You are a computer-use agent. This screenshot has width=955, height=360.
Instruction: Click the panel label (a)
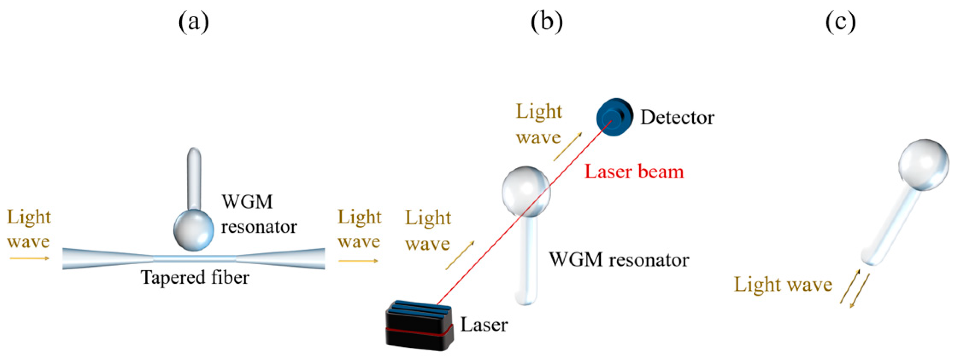pyautogui.click(x=193, y=23)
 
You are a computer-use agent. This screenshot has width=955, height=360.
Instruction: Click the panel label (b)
pyautogui.click(x=547, y=23)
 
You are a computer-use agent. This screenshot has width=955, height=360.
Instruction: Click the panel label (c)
pyautogui.click(x=841, y=23)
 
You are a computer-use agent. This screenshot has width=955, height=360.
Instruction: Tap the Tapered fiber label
pyautogui.click(x=195, y=277)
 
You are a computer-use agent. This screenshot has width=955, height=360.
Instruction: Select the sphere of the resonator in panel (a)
pyautogui.click(x=193, y=230)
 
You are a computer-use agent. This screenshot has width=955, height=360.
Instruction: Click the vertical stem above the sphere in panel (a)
pyautogui.click(x=194, y=178)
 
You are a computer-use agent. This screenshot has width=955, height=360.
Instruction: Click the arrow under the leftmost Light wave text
pyautogui.click(x=29, y=258)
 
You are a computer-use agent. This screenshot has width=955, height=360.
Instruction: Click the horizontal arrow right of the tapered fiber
pyautogui.click(x=358, y=261)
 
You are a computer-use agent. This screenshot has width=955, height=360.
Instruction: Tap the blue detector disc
pyautogui.click(x=613, y=117)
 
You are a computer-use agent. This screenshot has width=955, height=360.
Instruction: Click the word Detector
pyautogui.click(x=677, y=118)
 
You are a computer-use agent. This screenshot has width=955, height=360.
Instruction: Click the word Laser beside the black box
pyautogui.click(x=484, y=325)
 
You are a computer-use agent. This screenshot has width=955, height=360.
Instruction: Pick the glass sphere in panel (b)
pyautogui.click(x=526, y=191)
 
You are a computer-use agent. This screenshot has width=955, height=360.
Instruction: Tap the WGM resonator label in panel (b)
pyautogui.click(x=619, y=260)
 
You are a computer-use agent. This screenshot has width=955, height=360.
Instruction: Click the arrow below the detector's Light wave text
pyautogui.click(x=567, y=147)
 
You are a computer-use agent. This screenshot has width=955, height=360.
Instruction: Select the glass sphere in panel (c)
pyautogui.click(x=923, y=164)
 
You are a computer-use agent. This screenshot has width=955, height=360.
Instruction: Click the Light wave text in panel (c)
pyautogui.click(x=783, y=285)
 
